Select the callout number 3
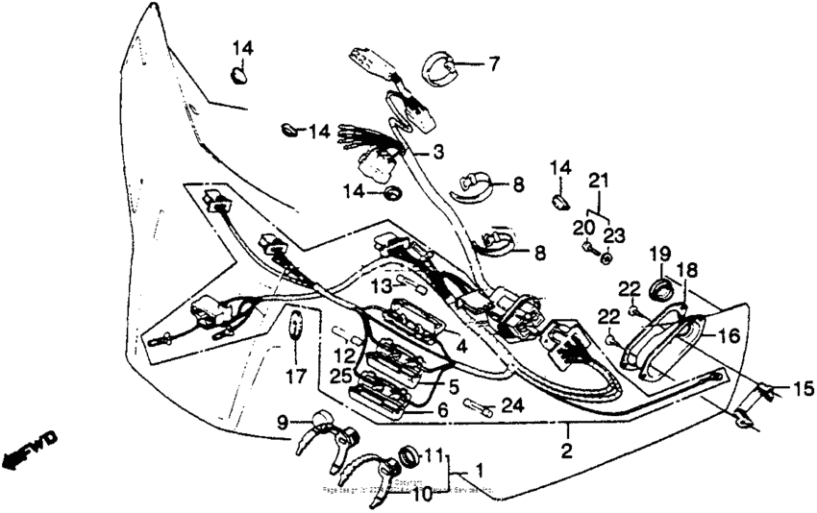(x=437, y=152)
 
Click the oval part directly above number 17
(x=296, y=328)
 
